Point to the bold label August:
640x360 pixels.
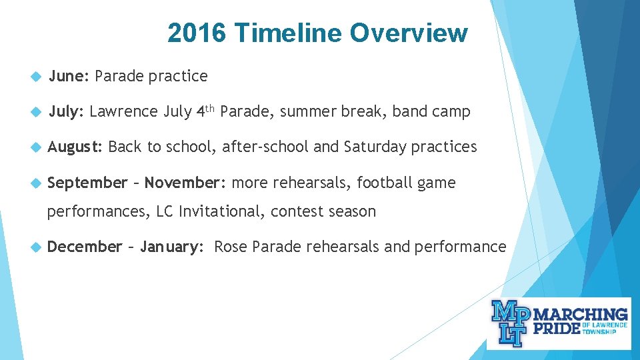(75, 147)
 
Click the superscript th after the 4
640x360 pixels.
(211, 107)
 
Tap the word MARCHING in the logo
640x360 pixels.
(582, 314)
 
